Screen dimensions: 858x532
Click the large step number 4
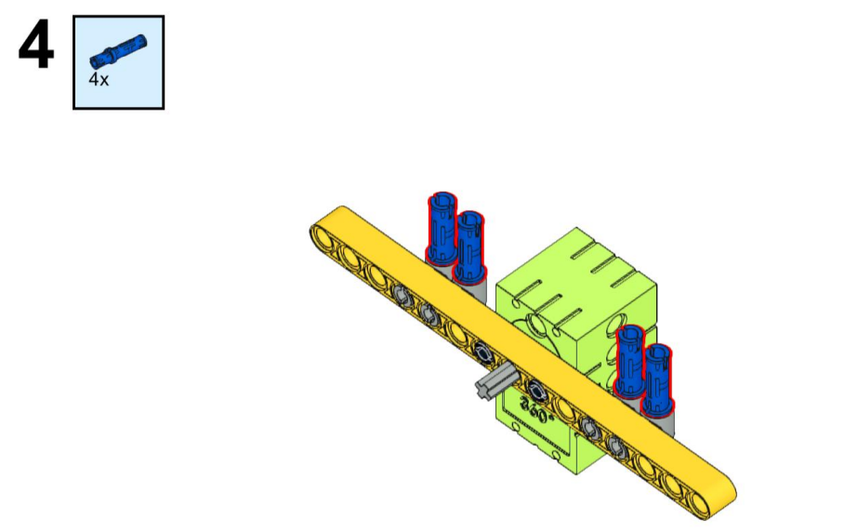[36, 45]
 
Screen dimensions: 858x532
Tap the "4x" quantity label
[99, 80]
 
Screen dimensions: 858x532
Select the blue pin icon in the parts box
[118, 51]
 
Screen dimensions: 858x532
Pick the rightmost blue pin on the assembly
[657, 379]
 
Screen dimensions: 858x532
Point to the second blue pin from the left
[469, 247]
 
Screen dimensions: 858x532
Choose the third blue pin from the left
[630, 361]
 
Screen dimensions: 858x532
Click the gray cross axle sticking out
[495, 381]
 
